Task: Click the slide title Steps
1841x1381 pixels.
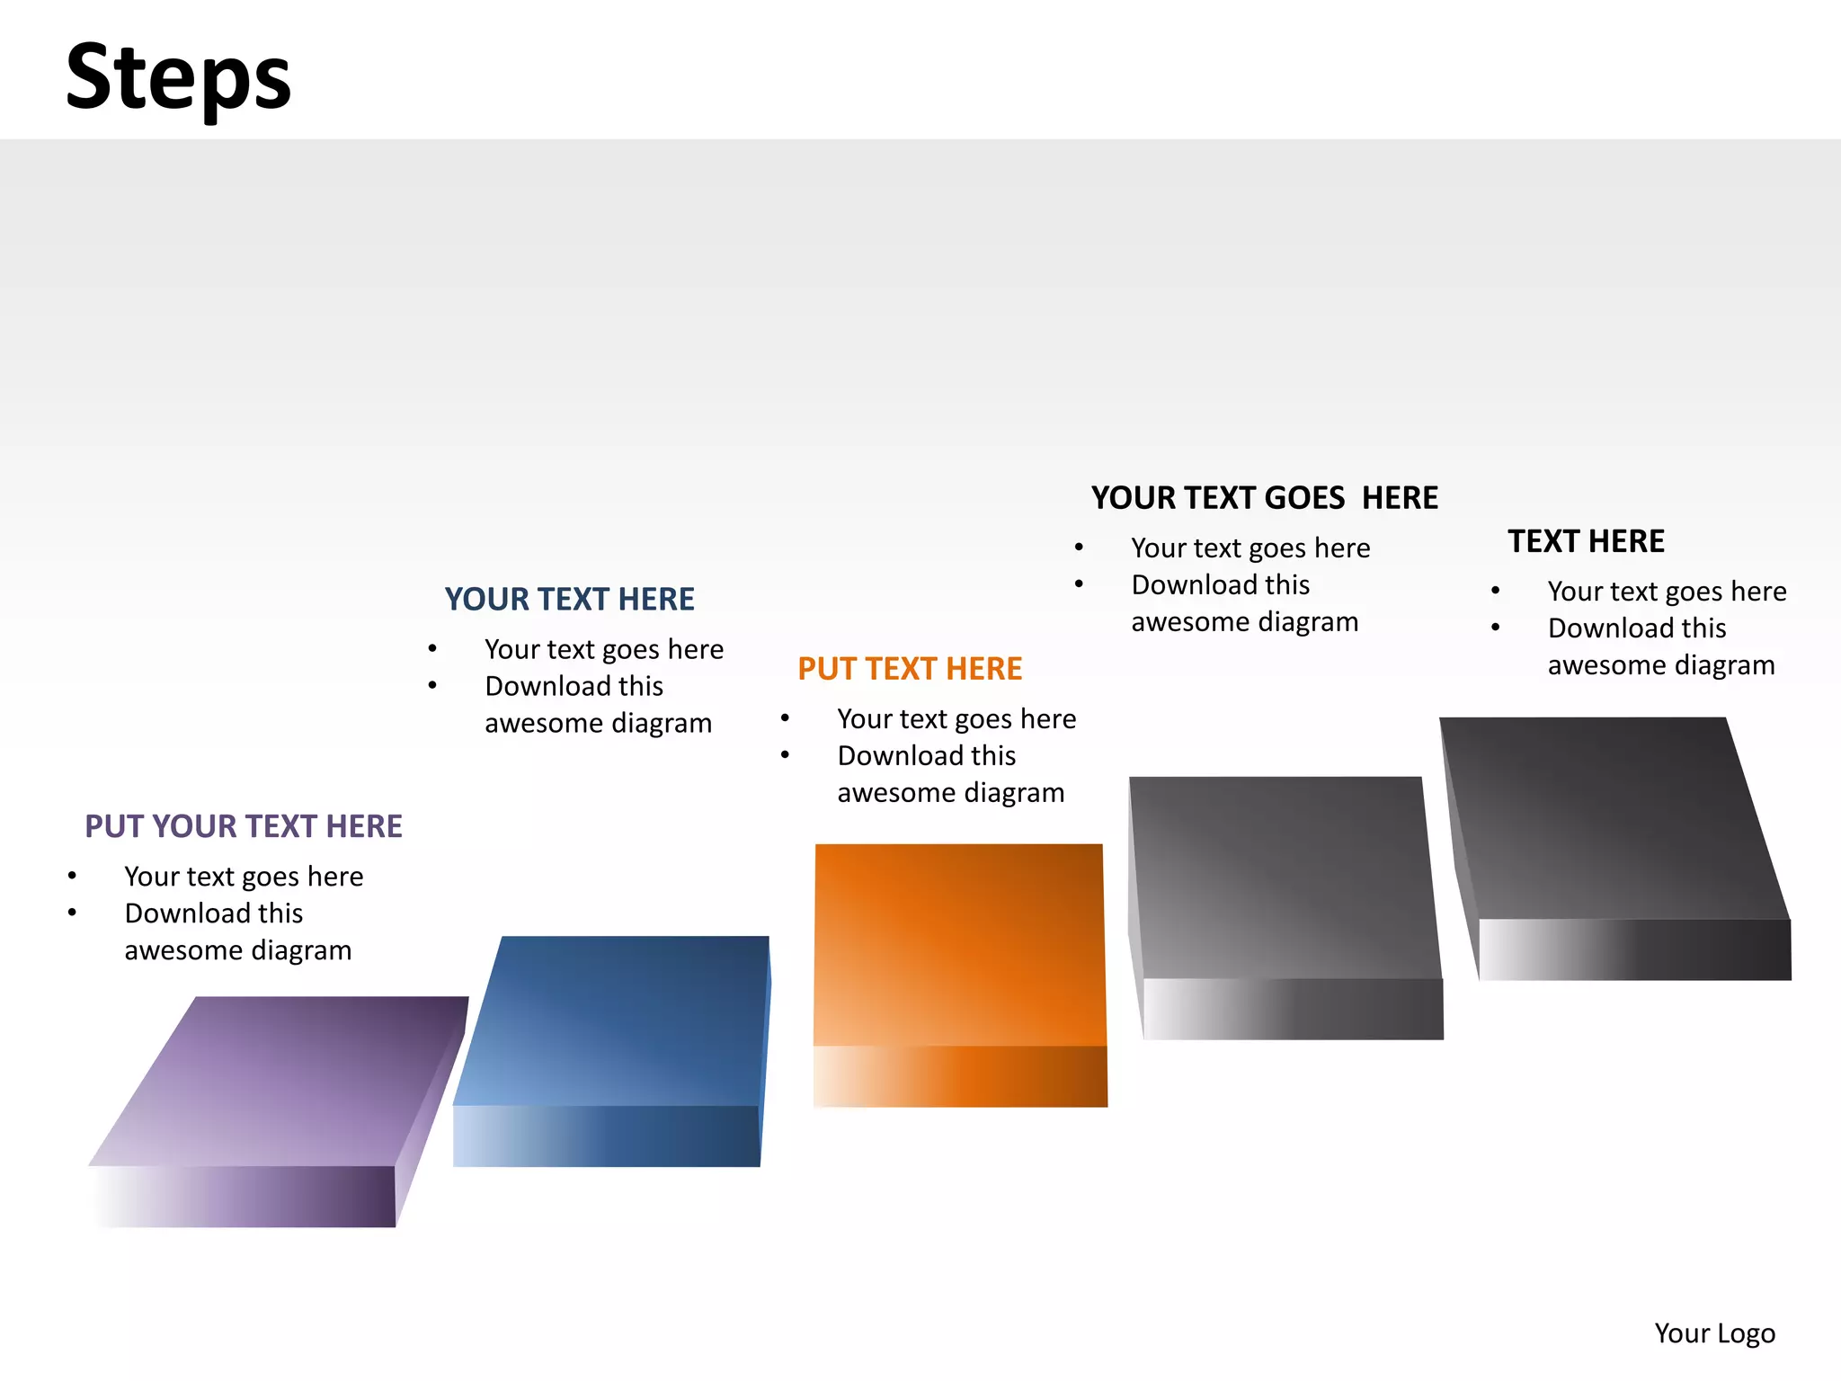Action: (x=178, y=77)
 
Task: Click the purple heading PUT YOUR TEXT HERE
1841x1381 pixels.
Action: (x=243, y=826)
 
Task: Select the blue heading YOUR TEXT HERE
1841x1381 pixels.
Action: (x=569, y=599)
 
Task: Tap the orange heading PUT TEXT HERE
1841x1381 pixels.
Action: (x=910, y=669)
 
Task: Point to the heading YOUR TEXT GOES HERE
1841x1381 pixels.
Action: (x=1264, y=498)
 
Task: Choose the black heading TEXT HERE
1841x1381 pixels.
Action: (x=1586, y=541)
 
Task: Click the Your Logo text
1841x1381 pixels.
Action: (x=1714, y=1332)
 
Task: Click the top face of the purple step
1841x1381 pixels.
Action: (x=279, y=1079)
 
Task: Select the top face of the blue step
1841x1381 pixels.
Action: (x=616, y=1020)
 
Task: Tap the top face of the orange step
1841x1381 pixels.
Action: (x=959, y=944)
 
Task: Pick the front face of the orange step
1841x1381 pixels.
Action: (x=960, y=1076)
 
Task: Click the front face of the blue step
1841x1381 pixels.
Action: (x=607, y=1136)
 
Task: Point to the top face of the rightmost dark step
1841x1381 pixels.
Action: (x=1609, y=818)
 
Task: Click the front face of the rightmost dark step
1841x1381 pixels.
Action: (x=1634, y=949)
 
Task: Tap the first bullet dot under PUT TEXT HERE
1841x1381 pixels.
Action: (x=785, y=718)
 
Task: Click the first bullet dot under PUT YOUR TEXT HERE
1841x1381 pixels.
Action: (x=72, y=876)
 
